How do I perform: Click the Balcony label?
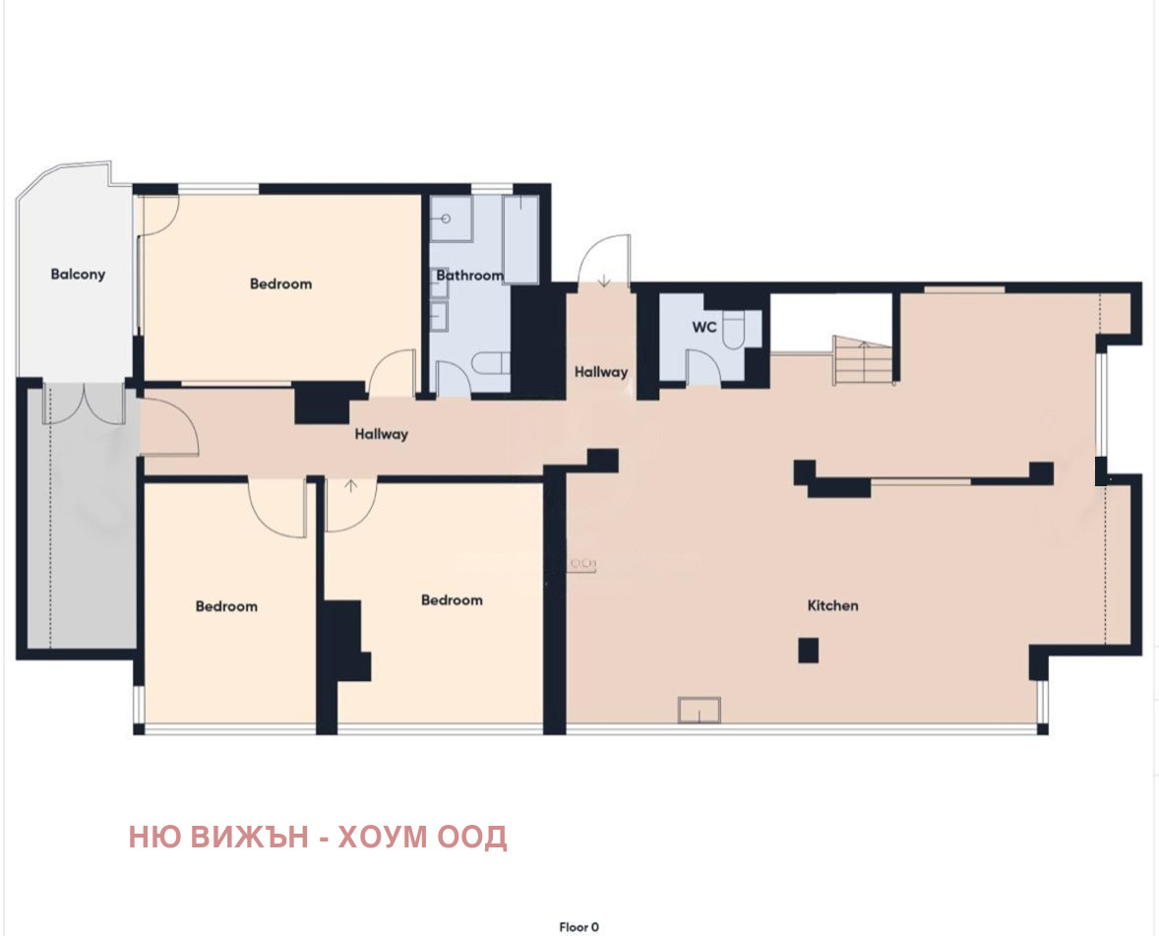click(78, 275)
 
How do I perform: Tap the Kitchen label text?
click(832, 605)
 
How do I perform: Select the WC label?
click(703, 328)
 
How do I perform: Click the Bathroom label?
click(469, 276)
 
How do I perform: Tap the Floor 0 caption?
click(579, 926)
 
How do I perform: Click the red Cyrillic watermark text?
click(318, 838)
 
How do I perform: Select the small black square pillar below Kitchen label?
click(808, 650)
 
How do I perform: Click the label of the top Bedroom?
click(280, 283)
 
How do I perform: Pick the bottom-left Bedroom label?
click(226, 606)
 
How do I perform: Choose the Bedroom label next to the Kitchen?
click(452, 599)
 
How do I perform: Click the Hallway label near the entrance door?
click(600, 372)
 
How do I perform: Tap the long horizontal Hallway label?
click(382, 434)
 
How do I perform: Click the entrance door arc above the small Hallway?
click(602, 261)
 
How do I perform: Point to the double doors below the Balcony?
click(85, 404)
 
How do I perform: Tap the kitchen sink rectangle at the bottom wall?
click(699, 710)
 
